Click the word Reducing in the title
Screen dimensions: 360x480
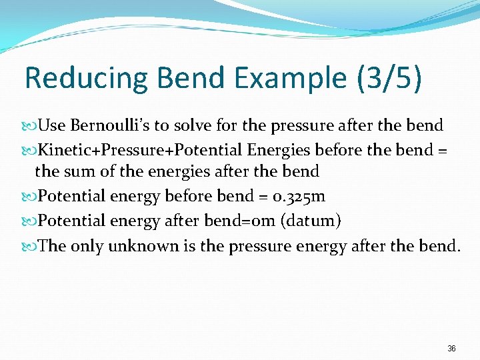[x=86, y=78]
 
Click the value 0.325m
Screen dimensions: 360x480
[x=297, y=197]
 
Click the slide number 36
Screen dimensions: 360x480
[x=451, y=349]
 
